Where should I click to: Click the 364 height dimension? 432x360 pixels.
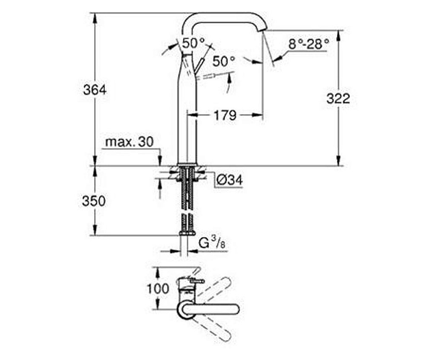(x=95, y=90)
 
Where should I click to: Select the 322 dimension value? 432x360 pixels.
(x=338, y=99)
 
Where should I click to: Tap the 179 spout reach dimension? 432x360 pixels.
(x=224, y=115)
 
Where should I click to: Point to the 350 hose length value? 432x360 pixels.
(x=94, y=201)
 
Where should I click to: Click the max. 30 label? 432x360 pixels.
(x=130, y=142)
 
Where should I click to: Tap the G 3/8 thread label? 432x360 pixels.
(x=212, y=243)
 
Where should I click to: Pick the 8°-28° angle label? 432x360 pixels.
(x=308, y=44)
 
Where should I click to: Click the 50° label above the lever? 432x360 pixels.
(x=193, y=43)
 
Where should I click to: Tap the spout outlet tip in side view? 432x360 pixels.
(x=263, y=28)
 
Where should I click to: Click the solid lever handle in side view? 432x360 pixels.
(x=200, y=66)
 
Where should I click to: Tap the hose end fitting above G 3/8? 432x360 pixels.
(x=187, y=233)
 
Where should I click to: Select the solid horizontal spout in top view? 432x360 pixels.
(x=212, y=309)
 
